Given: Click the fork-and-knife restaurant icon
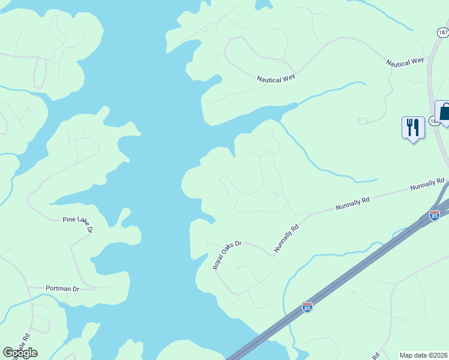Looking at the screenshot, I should pos(413,128).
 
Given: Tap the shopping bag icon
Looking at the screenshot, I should pos(444,112).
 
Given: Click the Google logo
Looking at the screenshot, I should pos(20,353).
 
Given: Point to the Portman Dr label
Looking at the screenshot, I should pos(62,289).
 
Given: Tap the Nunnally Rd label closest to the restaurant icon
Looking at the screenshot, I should pos(427,184).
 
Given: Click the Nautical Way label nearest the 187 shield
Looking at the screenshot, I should pos(405,62).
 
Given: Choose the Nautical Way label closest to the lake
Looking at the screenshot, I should pos(277,79).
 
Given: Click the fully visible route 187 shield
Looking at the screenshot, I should pos(442,32).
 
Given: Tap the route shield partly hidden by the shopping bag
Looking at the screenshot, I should pos(435,121).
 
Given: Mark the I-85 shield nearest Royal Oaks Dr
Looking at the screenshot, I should pos(307,307).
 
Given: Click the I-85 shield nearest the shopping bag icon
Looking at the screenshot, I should pos(434,215).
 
